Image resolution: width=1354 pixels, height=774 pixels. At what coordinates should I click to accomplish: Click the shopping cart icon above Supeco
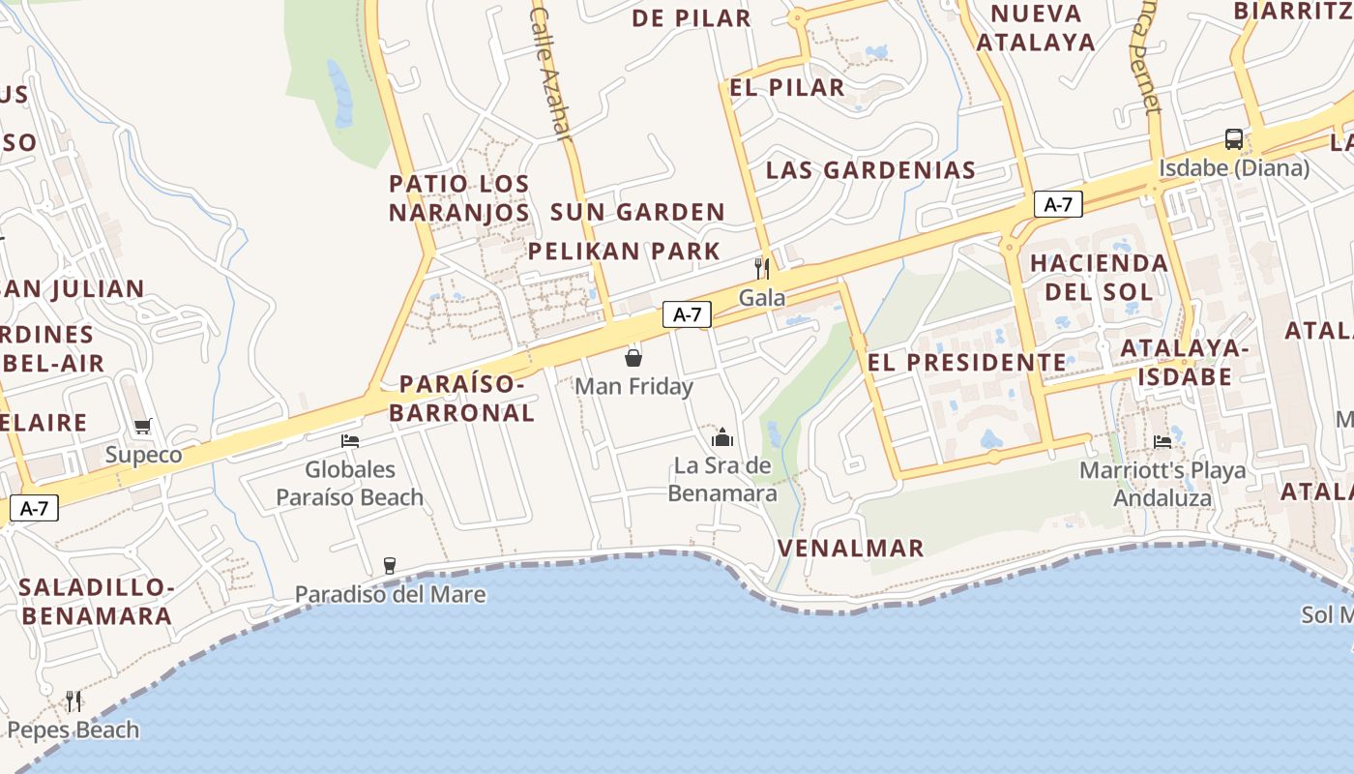click(x=143, y=426)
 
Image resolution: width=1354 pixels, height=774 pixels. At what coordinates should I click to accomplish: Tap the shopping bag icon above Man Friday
click(x=633, y=358)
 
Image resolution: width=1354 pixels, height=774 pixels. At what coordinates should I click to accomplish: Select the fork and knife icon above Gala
click(x=762, y=268)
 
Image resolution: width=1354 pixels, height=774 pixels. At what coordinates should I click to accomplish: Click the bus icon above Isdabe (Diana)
click(x=1233, y=138)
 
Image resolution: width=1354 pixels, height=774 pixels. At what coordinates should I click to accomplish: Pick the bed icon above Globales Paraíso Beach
click(x=350, y=441)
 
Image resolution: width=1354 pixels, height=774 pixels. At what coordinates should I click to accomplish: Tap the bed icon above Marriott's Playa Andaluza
click(x=1163, y=441)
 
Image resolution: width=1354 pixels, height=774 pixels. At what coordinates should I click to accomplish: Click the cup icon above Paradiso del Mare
click(x=390, y=565)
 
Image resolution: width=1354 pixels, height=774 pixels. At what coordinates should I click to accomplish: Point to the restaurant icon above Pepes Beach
click(x=73, y=700)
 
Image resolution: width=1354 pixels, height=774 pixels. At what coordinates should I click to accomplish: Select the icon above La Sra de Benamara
click(x=722, y=437)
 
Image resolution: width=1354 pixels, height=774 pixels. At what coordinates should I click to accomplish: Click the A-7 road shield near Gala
click(x=687, y=314)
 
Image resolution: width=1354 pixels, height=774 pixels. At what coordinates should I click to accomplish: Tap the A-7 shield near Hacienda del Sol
click(x=1058, y=204)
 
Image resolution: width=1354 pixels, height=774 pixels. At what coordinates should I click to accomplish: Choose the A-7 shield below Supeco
click(x=34, y=508)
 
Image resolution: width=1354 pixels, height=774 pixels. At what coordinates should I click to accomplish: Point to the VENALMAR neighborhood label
click(x=851, y=549)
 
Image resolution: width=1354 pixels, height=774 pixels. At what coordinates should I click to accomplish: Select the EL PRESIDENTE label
click(x=967, y=363)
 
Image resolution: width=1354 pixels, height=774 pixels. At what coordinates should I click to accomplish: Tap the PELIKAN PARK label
click(x=624, y=252)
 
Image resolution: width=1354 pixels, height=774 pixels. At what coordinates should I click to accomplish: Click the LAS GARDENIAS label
click(x=870, y=170)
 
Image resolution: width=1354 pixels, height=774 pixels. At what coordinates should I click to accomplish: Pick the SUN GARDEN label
click(x=637, y=212)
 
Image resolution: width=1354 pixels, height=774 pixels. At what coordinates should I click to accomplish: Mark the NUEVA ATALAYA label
click(x=1036, y=27)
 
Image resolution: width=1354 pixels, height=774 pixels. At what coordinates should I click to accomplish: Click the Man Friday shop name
click(x=633, y=387)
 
